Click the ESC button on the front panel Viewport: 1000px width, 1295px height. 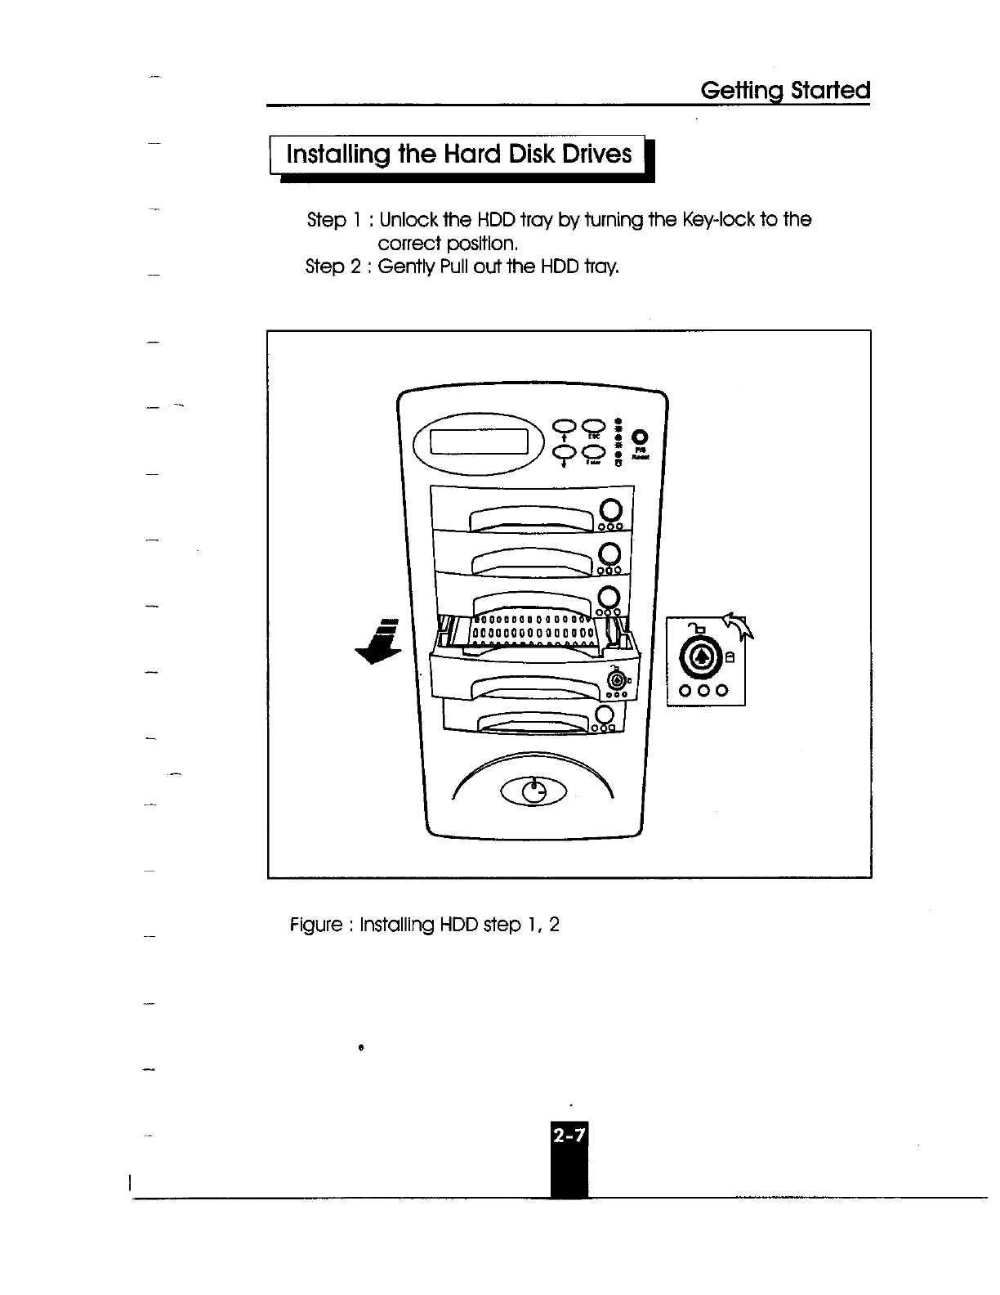point(594,423)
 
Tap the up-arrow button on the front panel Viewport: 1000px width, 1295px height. point(565,423)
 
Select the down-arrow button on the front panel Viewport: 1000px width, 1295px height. point(565,452)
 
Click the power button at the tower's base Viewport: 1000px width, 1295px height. point(533,792)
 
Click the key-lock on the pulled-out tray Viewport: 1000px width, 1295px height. point(618,679)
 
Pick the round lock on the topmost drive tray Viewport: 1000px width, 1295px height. point(611,510)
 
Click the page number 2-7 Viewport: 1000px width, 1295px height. point(569,1136)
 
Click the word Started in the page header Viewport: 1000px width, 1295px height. point(827,90)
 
